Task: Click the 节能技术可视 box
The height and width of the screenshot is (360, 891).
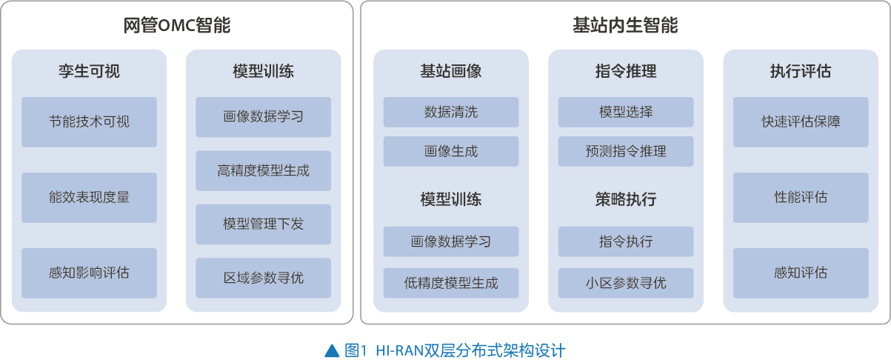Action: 89,122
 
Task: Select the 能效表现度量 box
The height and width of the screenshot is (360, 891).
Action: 89,198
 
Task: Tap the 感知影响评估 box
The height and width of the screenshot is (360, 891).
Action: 89,273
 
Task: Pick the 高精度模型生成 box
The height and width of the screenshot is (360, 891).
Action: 264,170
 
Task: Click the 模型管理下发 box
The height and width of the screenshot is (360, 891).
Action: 264,224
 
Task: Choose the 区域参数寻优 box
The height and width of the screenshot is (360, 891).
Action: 264,278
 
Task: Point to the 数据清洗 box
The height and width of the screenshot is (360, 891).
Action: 451,112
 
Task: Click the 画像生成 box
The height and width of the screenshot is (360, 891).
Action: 451,152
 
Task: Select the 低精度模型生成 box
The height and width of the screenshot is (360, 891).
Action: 451,283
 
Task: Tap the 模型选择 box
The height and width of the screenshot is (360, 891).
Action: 626,112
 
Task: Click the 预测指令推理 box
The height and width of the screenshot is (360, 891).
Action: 626,152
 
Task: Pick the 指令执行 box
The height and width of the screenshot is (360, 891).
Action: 626,242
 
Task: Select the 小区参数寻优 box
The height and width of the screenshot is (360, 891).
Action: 626,283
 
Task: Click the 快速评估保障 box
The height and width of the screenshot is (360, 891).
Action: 801,122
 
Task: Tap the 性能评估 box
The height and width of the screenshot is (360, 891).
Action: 801,198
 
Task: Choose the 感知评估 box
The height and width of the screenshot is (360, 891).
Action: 801,273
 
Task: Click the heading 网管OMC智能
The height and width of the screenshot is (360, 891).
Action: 176,25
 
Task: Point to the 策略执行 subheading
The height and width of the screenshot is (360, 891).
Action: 626,199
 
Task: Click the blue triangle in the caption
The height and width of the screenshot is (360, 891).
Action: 332,350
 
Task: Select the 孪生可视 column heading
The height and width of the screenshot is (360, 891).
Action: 89,71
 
